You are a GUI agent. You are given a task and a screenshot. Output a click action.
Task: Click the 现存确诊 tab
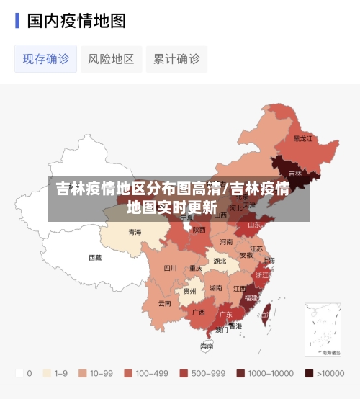tap(46, 59)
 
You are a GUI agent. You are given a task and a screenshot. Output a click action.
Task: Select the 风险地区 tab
tap(111, 59)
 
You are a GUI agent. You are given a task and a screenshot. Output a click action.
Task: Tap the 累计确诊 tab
tap(176, 59)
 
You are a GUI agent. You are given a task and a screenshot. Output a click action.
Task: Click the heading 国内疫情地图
tap(76, 21)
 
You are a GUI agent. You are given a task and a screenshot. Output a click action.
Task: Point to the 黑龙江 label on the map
tap(303, 138)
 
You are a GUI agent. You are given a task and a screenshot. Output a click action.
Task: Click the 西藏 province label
tap(96, 257)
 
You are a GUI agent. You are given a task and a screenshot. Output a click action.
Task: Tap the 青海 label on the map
tap(135, 232)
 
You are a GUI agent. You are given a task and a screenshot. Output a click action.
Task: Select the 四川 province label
tap(170, 268)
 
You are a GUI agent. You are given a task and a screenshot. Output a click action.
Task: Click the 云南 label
tap(165, 303)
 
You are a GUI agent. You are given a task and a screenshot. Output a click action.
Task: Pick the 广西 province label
tap(199, 313)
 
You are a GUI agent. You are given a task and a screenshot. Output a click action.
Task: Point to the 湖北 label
tap(220, 261)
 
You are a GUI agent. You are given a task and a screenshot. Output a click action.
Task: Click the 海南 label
tap(207, 346)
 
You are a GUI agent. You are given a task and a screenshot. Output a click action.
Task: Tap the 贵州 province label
tap(189, 292)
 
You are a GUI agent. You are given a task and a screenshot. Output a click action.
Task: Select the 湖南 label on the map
tap(215, 287)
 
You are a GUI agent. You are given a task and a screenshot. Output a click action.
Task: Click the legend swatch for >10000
tap(309, 374)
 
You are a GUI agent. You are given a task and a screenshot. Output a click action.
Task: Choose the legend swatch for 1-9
tap(48, 374)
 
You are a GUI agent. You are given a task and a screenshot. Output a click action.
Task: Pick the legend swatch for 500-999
tap(184, 374)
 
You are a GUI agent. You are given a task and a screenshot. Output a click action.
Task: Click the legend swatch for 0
tap(19, 374)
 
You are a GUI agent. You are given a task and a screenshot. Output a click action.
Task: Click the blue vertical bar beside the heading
tap(17, 21)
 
